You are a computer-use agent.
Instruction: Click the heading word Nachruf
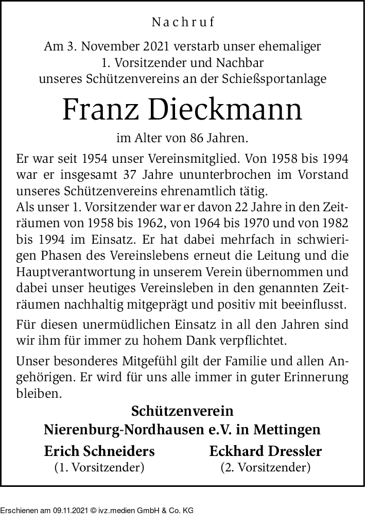[x=183, y=23]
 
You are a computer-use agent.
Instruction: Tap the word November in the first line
[x=110, y=46]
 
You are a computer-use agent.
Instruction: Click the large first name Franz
[x=101, y=110]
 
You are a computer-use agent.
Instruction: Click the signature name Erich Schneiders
[x=99, y=451]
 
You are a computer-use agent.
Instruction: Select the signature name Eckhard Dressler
[x=266, y=451]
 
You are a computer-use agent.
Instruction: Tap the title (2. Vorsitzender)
[x=266, y=468]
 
